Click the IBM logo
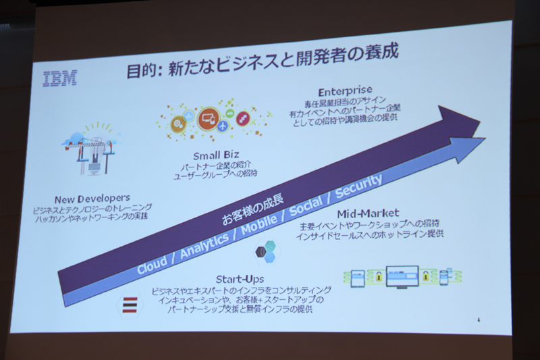(59, 78)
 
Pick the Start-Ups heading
(239, 278)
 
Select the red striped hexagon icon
(128, 306)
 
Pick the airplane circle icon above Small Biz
(225, 125)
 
